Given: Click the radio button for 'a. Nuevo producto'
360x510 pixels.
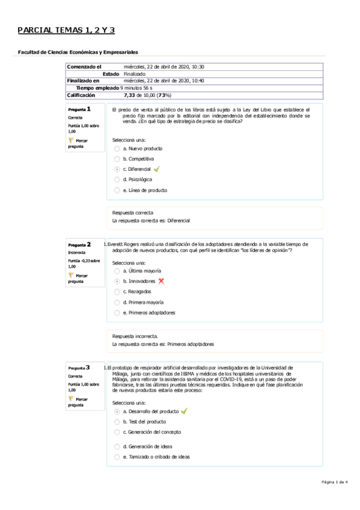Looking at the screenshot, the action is tap(117, 149).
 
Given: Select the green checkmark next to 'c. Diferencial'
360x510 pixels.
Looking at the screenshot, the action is tap(156, 169).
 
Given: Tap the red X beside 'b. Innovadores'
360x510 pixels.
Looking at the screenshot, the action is tap(161, 281).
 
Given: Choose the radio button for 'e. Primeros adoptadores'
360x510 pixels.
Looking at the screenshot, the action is tap(117, 313).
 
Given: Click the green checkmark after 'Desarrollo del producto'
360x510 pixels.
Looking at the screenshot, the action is tap(184, 411).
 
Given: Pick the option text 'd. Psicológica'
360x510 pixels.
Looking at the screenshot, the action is tap(137, 179).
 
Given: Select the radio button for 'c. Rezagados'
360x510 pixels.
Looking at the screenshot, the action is tap(117, 292).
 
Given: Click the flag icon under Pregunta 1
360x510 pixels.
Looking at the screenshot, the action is tap(72, 141).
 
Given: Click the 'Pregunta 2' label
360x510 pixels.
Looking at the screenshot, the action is tap(79, 245).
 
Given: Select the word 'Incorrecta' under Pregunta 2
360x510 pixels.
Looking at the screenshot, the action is tap(77, 253).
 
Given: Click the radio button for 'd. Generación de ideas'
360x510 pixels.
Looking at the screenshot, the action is tap(117, 446).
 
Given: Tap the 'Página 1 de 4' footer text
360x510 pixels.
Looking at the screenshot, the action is tap(335, 482).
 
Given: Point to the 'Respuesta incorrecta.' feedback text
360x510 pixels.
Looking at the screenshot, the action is tap(135, 336).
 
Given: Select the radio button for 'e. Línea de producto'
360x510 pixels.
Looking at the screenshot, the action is tap(117, 190).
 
